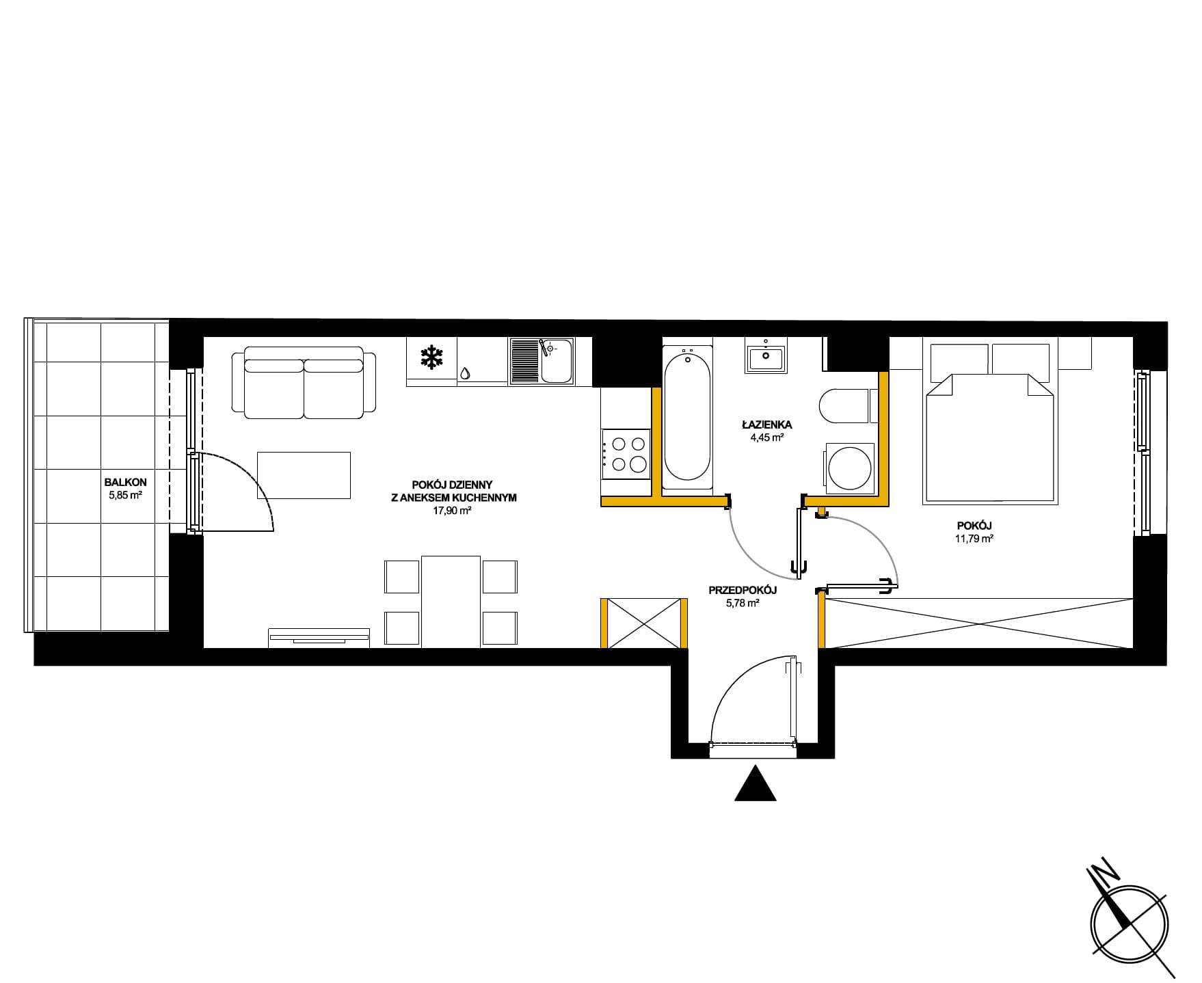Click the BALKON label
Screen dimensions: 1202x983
pyautogui.click(x=125, y=482)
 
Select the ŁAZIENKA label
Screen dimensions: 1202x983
pyautogui.click(x=766, y=425)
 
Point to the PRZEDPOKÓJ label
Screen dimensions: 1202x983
pyautogui.click(x=743, y=590)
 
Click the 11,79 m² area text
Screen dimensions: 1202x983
pyautogui.click(x=974, y=538)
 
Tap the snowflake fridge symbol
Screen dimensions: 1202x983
pyautogui.click(x=431, y=358)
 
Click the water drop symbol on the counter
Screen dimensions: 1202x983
pyautogui.click(x=466, y=373)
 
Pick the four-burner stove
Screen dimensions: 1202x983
pyautogui.click(x=625, y=454)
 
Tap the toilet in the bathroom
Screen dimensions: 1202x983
pyautogui.click(x=844, y=407)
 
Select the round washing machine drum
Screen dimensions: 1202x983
pyautogui.click(x=849, y=468)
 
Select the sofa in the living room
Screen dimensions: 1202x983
pyautogui.click(x=304, y=382)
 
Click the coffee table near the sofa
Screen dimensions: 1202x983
pyautogui.click(x=304, y=475)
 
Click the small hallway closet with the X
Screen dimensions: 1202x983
pyautogui.click(x=643, y=623)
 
